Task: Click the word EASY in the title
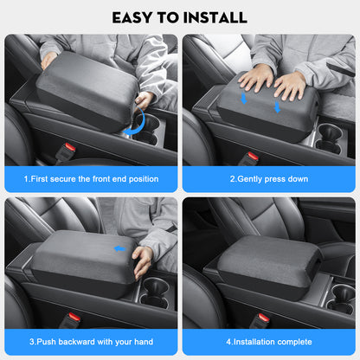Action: pos(133,16)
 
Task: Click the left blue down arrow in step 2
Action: pos(243,100)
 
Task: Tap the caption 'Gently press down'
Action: pos(270,178)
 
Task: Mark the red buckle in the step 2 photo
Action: pos(253,157)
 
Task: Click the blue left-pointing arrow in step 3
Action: pos(120,248)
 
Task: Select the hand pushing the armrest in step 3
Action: pos(143,260)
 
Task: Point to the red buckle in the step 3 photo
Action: pos(74,318)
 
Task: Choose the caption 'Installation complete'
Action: pos(270,341)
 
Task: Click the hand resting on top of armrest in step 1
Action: pos(49,60)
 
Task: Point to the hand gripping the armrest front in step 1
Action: pos(145,101)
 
